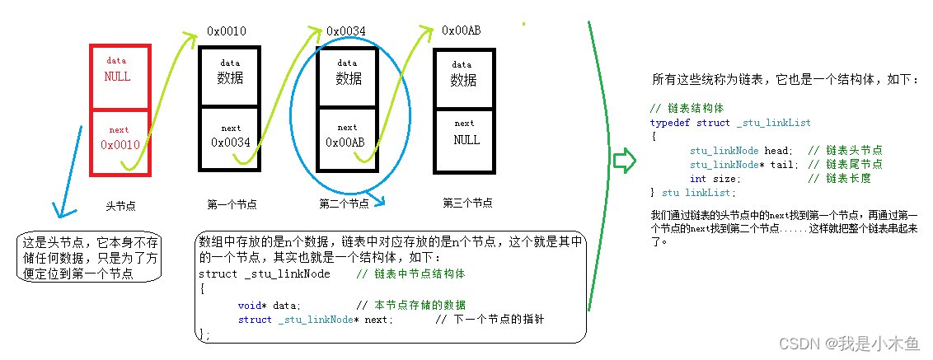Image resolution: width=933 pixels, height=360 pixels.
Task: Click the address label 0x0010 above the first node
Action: click(x=227, y=31)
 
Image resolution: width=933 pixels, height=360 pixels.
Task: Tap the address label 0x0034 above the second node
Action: click(x=346, y=31)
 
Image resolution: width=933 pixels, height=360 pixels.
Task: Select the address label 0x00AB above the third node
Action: click(x=462, y=30)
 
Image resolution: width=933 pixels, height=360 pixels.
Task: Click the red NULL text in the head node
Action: click(x=117, y=77)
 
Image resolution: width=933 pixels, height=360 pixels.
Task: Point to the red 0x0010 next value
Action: click(x=126, y=145)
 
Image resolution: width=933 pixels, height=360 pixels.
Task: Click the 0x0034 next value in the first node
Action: click(x=230, y=143)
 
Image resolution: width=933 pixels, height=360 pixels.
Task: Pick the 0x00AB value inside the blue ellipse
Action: click(x=345, y=142)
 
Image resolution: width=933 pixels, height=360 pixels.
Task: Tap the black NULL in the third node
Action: click(x=466, y=140)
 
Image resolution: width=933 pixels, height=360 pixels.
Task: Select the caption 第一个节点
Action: click(x=232, y=203)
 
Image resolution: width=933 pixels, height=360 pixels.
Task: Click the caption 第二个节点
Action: click(x=344, y=203)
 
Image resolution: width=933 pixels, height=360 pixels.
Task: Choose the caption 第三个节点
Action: click(x=467, y=203)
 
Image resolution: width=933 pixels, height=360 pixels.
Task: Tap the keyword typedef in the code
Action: click(x=668, y=123)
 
